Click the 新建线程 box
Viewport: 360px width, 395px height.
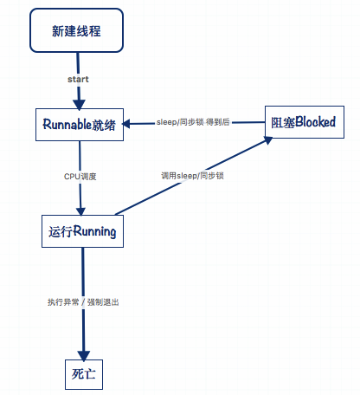(x=78, y=31)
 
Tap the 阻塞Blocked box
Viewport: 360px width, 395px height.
(x=303, y=123)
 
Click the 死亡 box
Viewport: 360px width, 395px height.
(x=84, y=373)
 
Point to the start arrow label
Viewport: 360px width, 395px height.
(x=78, y=80)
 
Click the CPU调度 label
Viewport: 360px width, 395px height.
(x=80, y=176)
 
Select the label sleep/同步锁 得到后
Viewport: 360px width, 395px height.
(x=193, y=122)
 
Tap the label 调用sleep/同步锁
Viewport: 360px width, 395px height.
(x=192, y=176)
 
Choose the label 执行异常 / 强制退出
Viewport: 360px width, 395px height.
(x=83, y=302)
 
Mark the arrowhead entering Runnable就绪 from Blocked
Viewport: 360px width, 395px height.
(x=128, y=125)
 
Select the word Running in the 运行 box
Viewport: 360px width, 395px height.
(x=94, y=232)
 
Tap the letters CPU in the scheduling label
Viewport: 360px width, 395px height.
(x=72, y=176)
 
